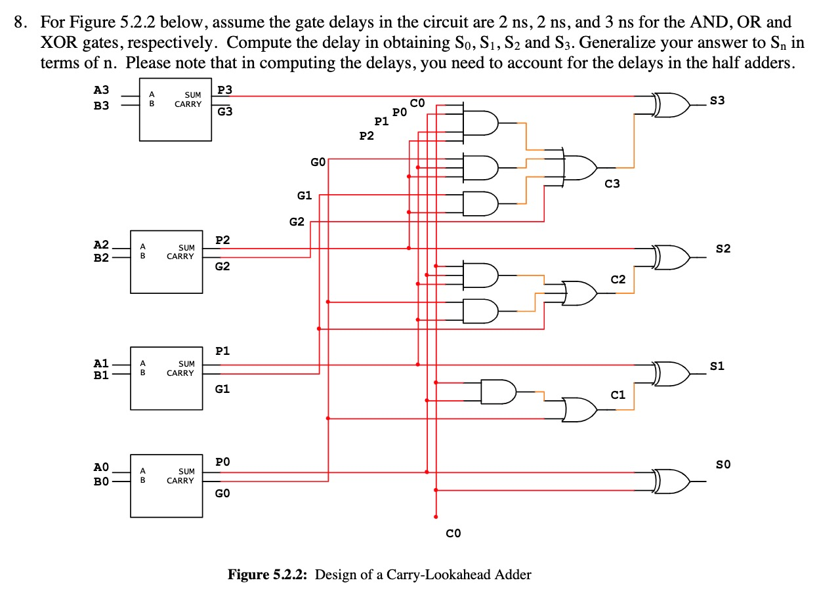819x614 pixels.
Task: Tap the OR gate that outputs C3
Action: click(580, 167)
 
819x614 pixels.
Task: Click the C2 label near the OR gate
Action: click(618, 279)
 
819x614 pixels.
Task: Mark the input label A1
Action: click(101, 363)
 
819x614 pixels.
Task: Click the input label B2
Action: click(101, 258)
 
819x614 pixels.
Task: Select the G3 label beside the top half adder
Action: click(224, 112)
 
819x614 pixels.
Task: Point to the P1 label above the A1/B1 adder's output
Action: click(222, 351)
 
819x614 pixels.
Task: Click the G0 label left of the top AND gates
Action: click(318, 161)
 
